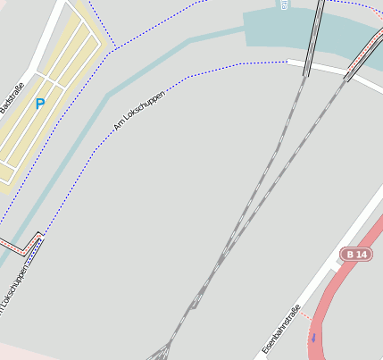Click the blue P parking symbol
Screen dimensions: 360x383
(x=39, y=105)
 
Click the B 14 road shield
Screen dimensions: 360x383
(x=355, y=255)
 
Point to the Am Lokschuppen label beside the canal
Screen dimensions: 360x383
(x=140, y=110)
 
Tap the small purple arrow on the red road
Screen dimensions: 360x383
(x=313, y=338)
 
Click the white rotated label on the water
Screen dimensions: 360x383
(x=283, y=4)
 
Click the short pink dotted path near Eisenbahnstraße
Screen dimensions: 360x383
(x=305, y=314)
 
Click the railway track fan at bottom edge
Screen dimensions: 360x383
(x=161, y=350)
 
